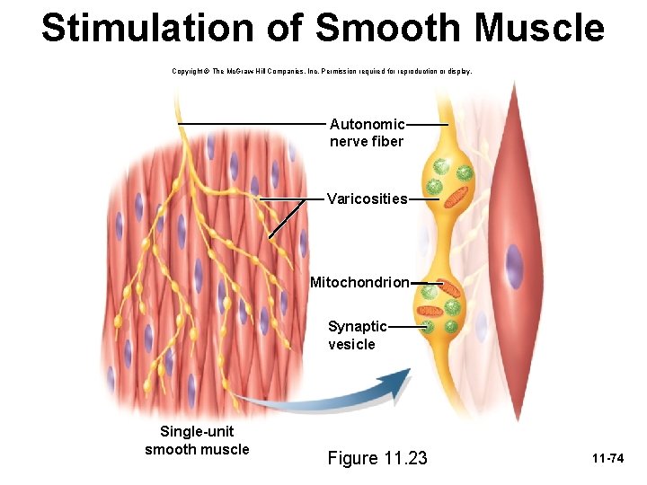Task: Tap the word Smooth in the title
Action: [390, 28]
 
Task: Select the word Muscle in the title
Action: [540, 28]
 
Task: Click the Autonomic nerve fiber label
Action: [367, 133]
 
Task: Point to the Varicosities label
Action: [367, 198]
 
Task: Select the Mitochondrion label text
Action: [359, 283]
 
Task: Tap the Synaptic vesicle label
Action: [357, 335]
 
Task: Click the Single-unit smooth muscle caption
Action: [197, 440]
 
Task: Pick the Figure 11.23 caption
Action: [377, 458]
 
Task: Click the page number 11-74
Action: [607, 459]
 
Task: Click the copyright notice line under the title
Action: [321, 70]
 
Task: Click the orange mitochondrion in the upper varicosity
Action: [461, 193]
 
